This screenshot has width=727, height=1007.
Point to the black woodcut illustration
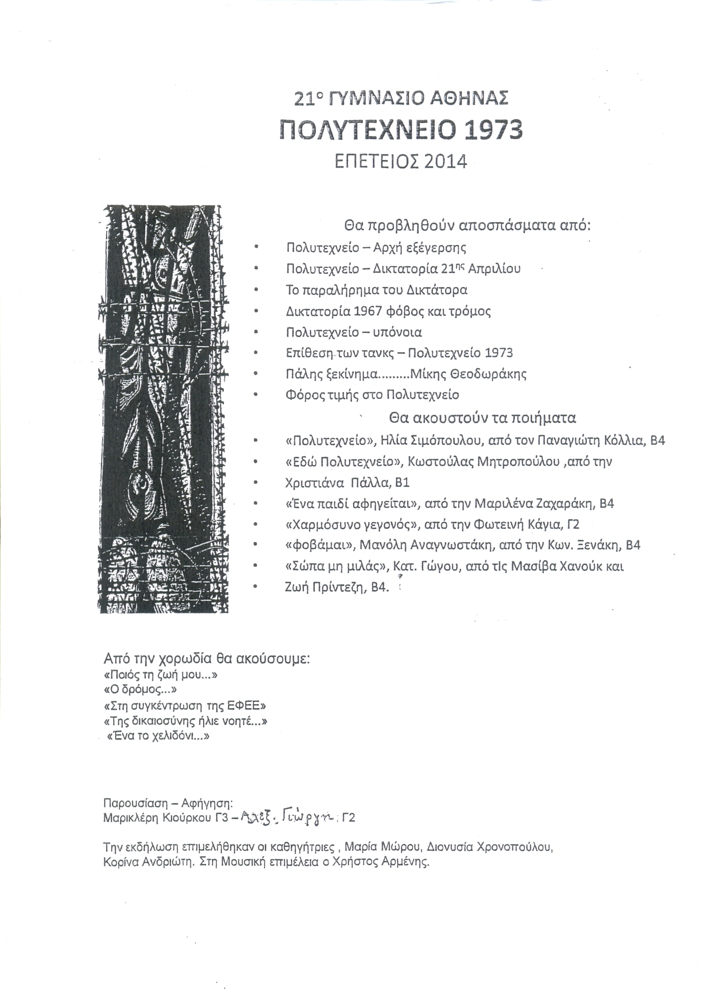coord(164,409)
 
